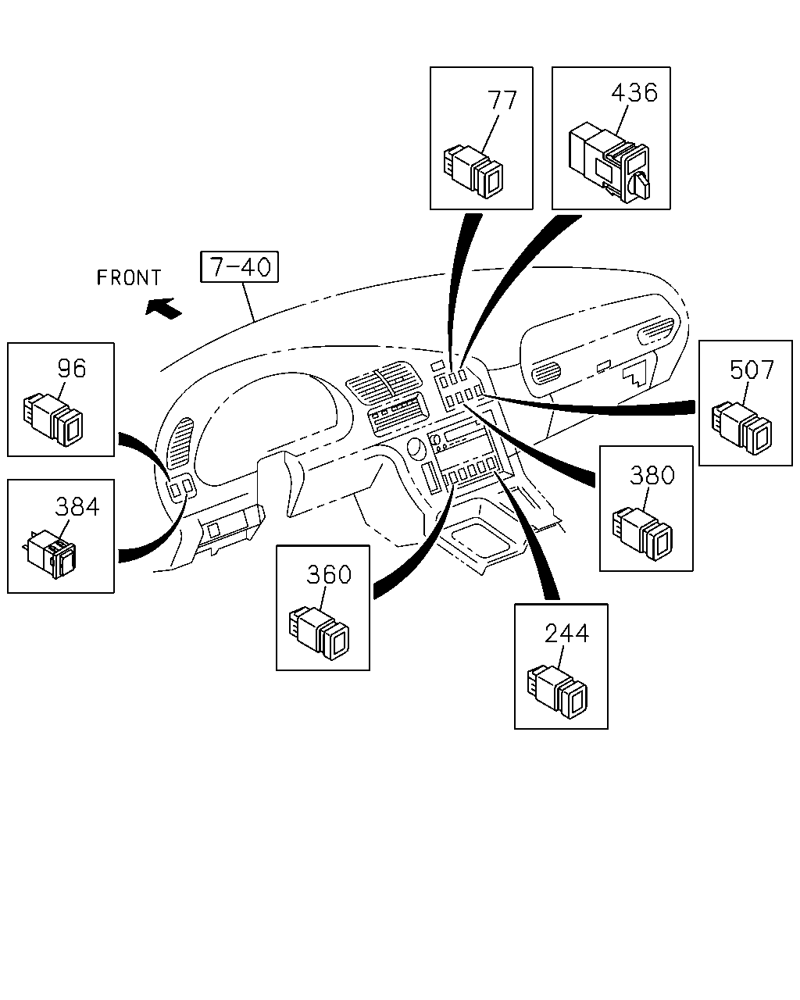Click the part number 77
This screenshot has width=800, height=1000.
tap(502, 100)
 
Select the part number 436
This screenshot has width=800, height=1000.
tap(634, 92)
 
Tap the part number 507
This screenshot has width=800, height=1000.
tap(752, 370)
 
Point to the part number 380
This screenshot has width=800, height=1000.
tap(652, 475)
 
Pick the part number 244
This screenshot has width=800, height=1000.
tap(566, 634)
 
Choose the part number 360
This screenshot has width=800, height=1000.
tap(329, 575)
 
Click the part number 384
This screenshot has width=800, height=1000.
tap(77, 507)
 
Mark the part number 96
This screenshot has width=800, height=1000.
tap(72, 369)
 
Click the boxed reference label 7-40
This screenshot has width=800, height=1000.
tap(239, 266)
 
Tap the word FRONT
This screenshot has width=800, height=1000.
tap(129, 278)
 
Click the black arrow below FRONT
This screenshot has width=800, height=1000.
tap(163, 308)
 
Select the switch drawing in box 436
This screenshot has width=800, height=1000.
tap(609, 162)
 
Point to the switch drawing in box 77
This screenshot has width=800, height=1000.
tap(473, 172)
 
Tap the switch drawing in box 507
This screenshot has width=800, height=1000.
tap(741, 428)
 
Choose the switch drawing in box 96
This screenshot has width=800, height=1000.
tap(53, 420)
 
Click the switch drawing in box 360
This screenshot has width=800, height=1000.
tap(319, 634)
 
